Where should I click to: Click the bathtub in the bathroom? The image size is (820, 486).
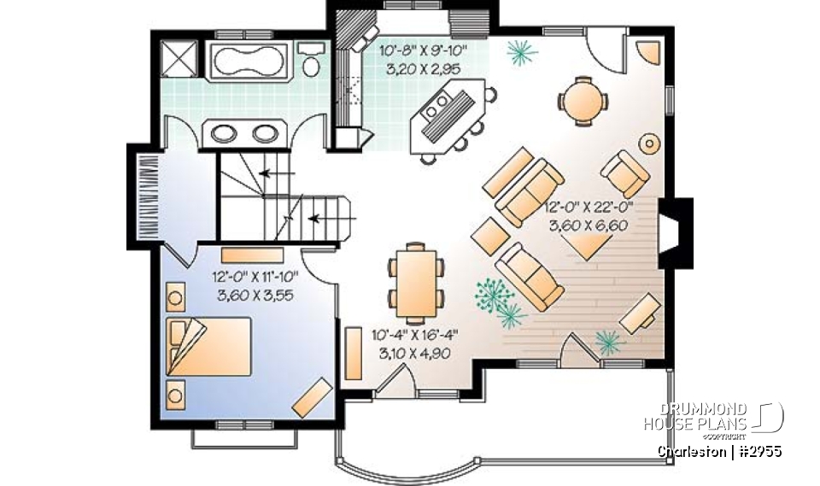(x=249, y=60)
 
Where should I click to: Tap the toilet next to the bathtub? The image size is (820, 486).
(x=311, y=61)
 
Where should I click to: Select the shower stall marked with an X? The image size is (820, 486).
(x=180, y=58)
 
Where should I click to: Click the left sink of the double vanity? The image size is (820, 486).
(x=222, y=133)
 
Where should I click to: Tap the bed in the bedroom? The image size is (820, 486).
(x=210, y=345)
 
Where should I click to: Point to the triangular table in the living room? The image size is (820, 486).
(x=594, y=248)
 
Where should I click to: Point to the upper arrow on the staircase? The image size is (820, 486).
(x=274, y=173)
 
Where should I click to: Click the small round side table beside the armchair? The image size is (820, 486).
(x=651, y=143)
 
